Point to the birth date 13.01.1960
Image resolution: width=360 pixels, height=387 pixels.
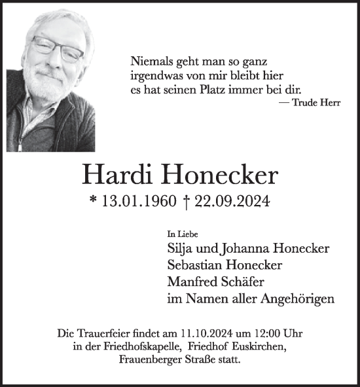[x=139, y=202]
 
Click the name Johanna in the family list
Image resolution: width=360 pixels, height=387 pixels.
[x=248, y=249]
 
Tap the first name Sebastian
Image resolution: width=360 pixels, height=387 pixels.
[x=196, y=265]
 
